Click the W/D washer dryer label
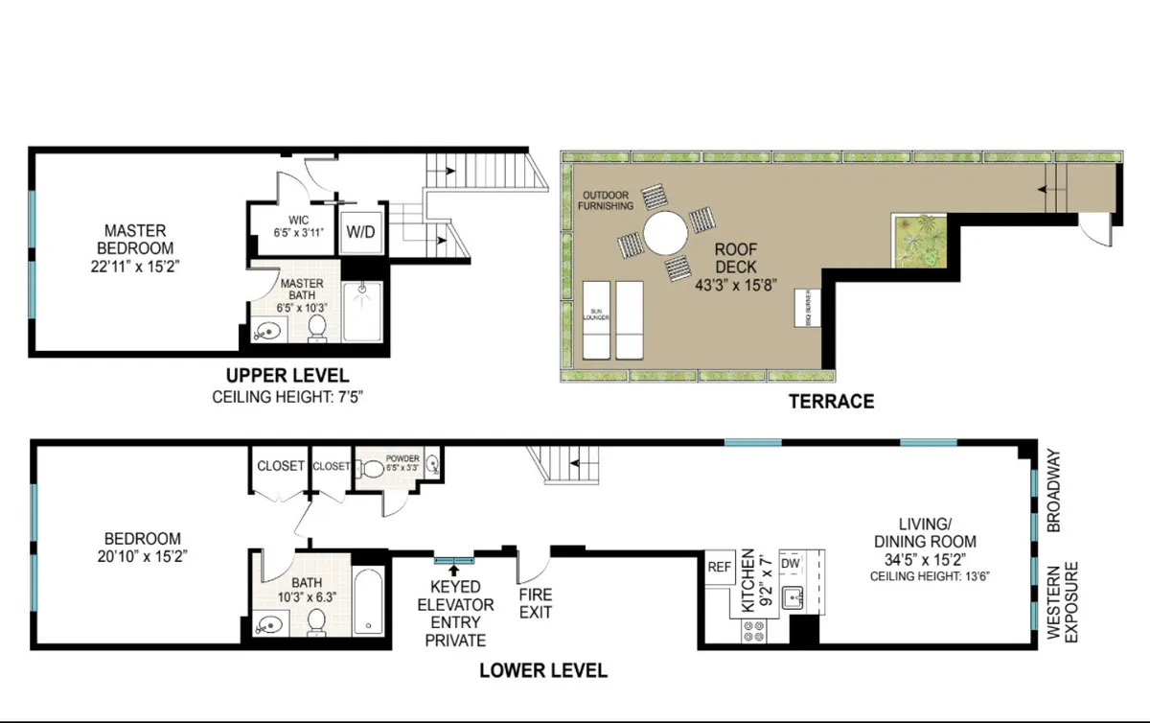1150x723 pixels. click(360, 232)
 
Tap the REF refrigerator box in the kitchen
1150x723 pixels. click(719, 567)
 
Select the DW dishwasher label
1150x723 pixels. click(791, 565)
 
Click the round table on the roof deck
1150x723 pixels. click(665, 233)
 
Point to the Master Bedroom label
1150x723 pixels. click(135, 240)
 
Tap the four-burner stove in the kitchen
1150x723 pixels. click(754, 630)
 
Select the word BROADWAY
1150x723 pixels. click(1053, 490)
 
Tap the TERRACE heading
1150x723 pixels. click(831, 402)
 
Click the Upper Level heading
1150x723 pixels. click(287, 376)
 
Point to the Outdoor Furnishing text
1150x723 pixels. click(605, 200)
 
